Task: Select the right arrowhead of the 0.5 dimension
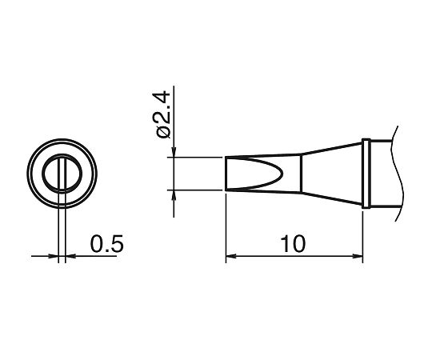pos(70,257)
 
